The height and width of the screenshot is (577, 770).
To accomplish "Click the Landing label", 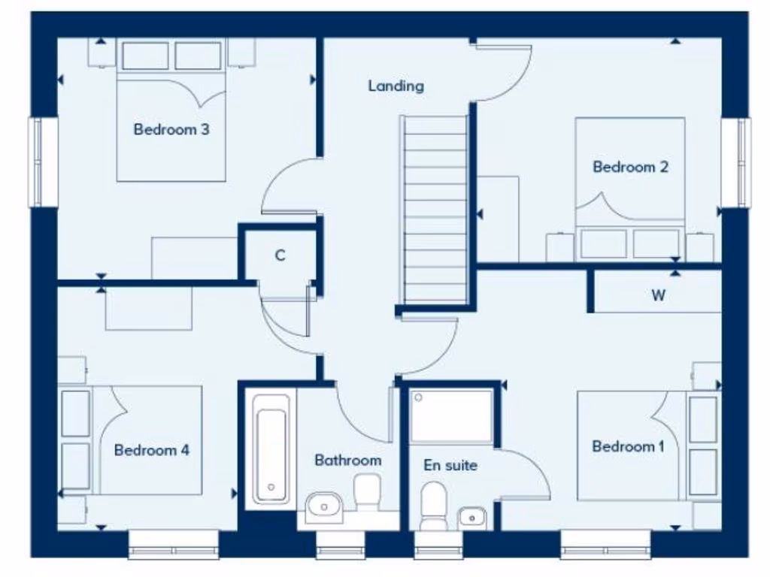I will pyautogui.click(x=396, y=86).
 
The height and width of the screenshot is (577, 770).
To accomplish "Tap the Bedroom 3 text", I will pyautogui.click(x=171, y=129).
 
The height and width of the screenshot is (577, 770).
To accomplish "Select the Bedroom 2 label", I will pyautogui.click(x=630, y=167).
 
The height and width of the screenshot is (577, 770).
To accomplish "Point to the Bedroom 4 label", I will pyautogui.click(x=151, y=450).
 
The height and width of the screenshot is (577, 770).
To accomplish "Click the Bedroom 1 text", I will pyautogui.click(x=628, y=446).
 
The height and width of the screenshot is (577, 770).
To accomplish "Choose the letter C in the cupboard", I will pyautogui.click(x=280, y=256).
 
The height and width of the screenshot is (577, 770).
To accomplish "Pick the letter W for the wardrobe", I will pyautogui.click(x=658, y=295).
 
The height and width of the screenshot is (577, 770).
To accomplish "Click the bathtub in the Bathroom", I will pyautogui.click(x=271, y=448).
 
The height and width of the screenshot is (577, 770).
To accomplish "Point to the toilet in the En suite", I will pyautogui.click(x=434, y=506).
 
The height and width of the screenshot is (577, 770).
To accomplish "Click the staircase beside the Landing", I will pyautogui.click(x=435, y=210).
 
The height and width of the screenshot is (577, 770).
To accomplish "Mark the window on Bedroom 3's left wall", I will pyautogui.click(x=44, y=162).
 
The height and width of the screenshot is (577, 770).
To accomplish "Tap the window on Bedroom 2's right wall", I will pyautogui.click(x=735, y=162).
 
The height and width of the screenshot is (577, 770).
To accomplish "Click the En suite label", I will pyautogui.click(x=450, y=466).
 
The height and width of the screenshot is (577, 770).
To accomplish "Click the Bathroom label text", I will pyautogui.click(x=347, y=460).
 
